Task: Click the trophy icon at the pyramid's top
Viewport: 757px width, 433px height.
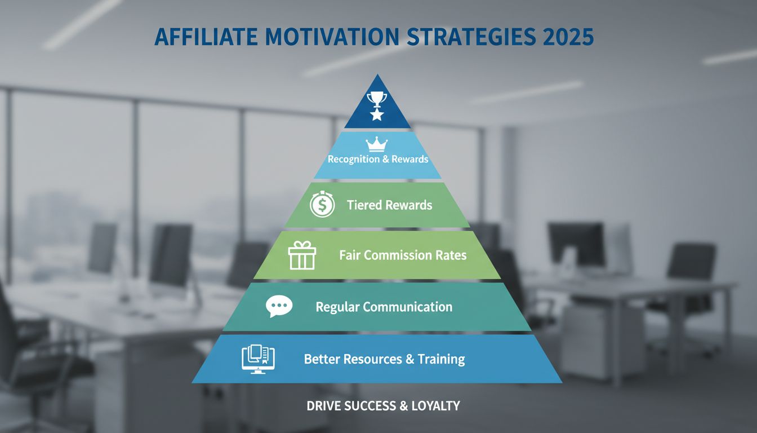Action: coord(376,100)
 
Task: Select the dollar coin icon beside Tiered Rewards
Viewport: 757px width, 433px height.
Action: coord(322,205)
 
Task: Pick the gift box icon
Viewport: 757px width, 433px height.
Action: coord(302,255)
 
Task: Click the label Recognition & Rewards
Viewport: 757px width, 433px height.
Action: coord(379,159)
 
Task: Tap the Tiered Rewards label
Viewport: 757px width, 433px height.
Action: coord(390,205)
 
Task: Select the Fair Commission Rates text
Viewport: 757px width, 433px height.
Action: coord(403,255)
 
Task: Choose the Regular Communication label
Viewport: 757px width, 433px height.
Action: coord(384,307)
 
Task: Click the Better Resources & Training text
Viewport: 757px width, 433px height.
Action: coord(384,359)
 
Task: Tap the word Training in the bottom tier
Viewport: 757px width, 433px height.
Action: coord(441,359)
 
